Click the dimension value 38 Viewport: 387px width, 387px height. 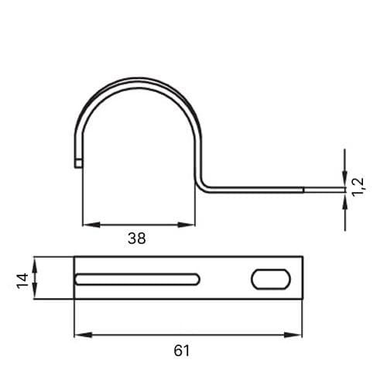pyautogui.click(x=137, y=238)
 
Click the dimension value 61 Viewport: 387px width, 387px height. pyautogui.click(x=181, y=351)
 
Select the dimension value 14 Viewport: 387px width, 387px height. pyautogui.click(x=22, y=280)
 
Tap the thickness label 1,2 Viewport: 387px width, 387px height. pyautogui.click(x=358, y=187)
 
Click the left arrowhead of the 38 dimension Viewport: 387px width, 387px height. pyautogui.click(x=91, y=224)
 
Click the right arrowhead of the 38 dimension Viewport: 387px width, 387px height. pyautogui.click(x=187, y=224)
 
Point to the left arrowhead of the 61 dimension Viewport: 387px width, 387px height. pyautogui.click(x=84, y=335)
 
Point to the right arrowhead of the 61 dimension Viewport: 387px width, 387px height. pyautogui.click(x=293, y=335)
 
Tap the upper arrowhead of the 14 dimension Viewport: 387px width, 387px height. pyautogui.click(x=36, y=266)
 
